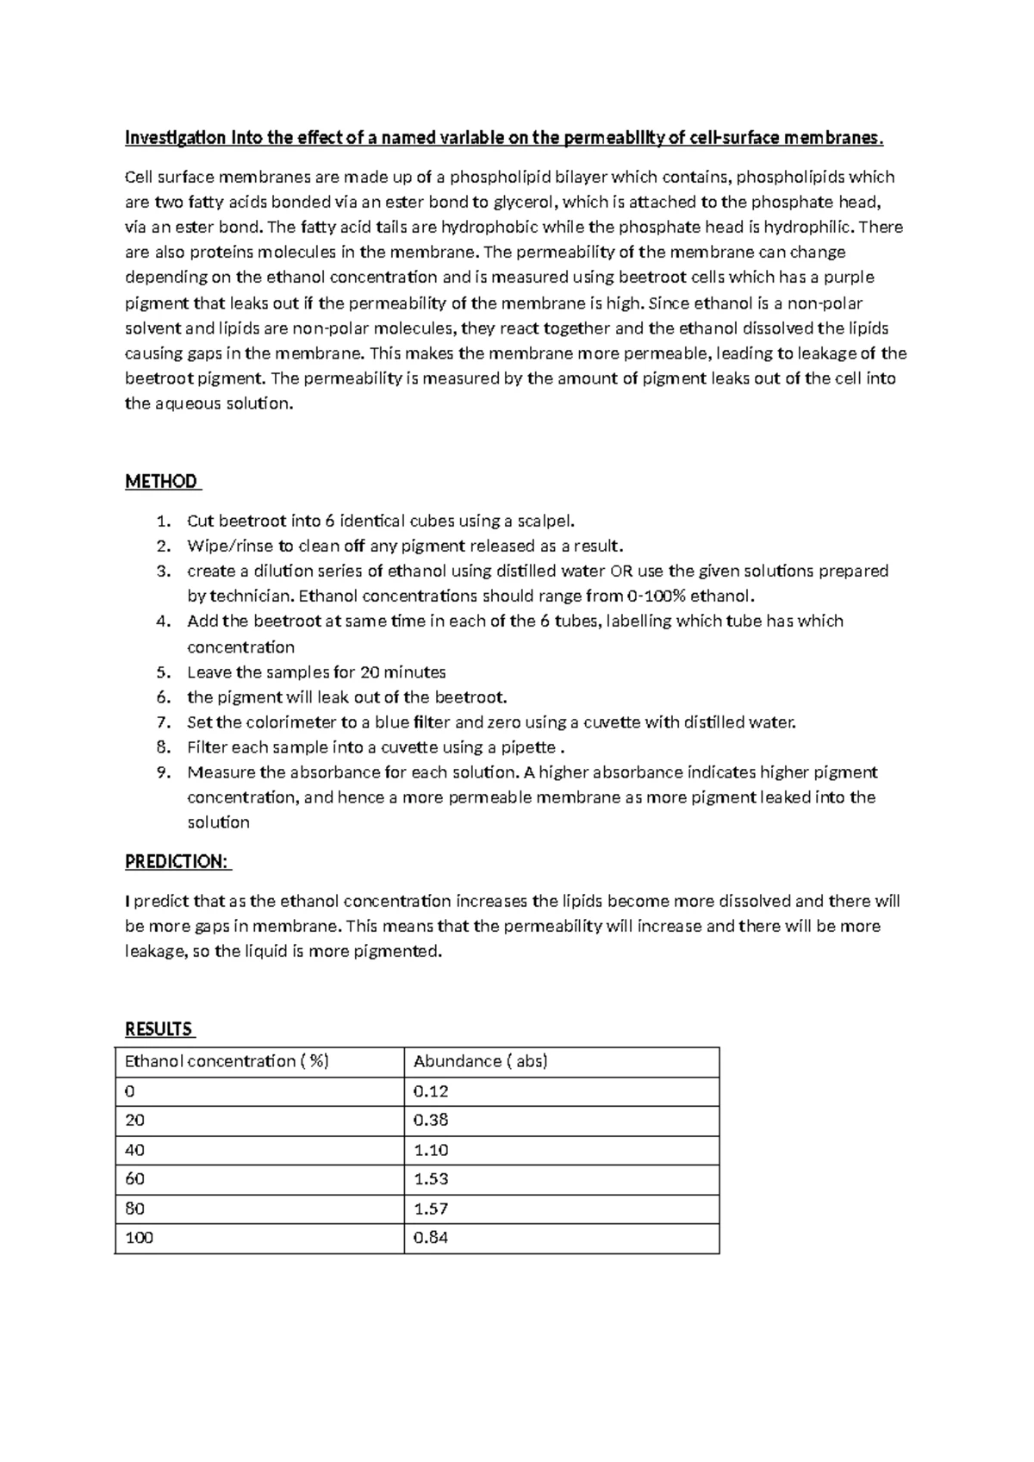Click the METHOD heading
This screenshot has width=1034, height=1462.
pos(161,482)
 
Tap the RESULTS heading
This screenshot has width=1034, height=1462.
pos(159,1029)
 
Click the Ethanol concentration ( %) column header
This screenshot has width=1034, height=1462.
pos(227,1062)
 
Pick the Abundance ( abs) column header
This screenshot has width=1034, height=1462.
pos(480,1062)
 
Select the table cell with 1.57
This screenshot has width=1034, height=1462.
pos(431,1209)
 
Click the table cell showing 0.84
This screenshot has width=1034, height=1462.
pos(431,1238)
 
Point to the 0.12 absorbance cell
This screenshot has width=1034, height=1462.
pos(431,1091)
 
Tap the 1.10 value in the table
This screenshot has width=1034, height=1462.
pos(431,1150)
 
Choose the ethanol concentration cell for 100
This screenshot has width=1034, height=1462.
pos(139,1238)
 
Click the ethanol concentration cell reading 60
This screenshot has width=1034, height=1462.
pos(135,1179)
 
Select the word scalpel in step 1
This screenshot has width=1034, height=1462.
pos(544,521)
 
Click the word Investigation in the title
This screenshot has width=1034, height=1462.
pos(176,138)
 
